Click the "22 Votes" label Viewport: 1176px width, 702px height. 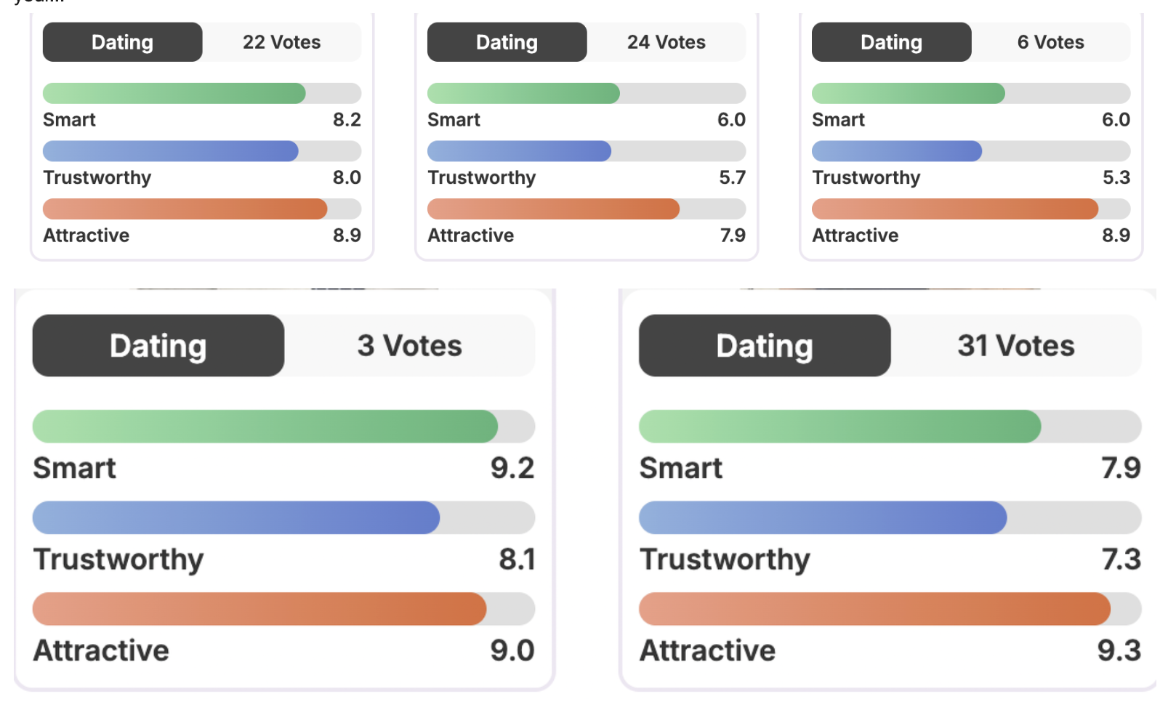tap(281, 42)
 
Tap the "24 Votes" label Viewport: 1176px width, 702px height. tap(666, 42)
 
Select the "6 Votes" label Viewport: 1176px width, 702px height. tap(1050, 42)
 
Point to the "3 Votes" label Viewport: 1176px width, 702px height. tap(409, 346)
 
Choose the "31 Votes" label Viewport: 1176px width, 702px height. tap(1015, 346)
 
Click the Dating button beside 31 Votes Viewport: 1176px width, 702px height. tap(764, 346)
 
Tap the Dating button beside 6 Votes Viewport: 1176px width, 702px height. tap(891, 42)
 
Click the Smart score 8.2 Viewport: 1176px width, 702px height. tap(347, 120)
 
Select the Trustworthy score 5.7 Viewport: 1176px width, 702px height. tap(732, 178)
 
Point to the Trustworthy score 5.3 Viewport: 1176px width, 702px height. tap(1116, 178)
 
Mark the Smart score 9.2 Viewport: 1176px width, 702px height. tap(512, 469)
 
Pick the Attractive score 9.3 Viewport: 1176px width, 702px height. tap(1119, 651)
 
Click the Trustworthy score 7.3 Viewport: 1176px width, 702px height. tap(1121, 560)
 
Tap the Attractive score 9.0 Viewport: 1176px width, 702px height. tap(512, 651)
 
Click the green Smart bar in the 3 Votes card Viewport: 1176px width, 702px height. tap(265, 427)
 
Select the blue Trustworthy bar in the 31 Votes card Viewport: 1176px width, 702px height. tap(822, 517)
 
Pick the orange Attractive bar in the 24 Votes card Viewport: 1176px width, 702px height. tap(553, 209)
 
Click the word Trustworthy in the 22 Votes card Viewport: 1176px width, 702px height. tap(97, 178)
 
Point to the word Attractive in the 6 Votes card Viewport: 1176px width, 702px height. tap(855, 235)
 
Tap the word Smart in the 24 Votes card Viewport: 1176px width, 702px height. tap(454, 120)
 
